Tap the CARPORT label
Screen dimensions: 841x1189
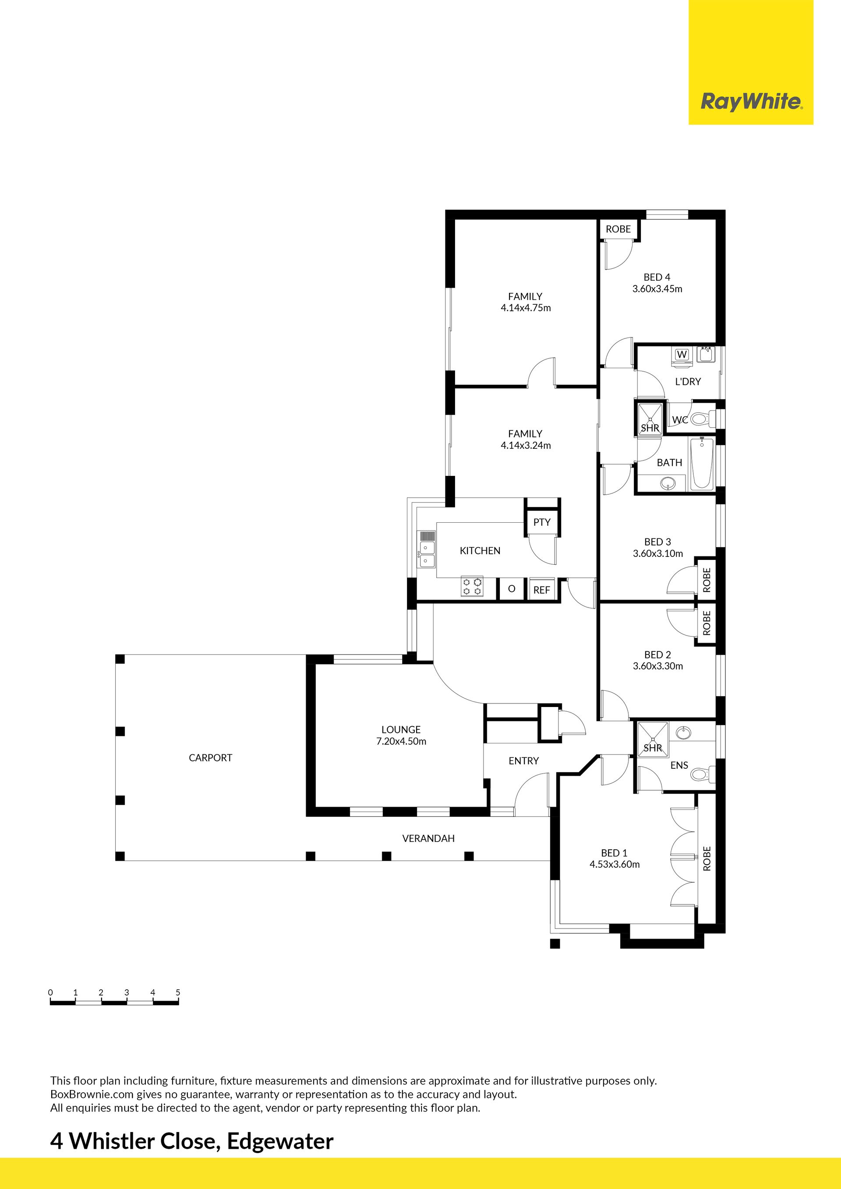[x=210, y=758]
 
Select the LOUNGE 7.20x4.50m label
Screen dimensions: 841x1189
[x=401, y=735]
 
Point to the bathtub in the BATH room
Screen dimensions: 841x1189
[x=702, y=464]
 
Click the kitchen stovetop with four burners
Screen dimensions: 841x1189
[x=472, y=587]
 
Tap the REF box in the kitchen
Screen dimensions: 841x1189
[x=541, y=589]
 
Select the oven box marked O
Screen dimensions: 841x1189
[x=512, y=589]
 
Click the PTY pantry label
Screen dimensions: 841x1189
[x=542, y=522]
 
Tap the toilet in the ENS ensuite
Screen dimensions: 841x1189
[x=703, y=775]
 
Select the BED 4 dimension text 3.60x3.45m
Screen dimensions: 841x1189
[x=657, y=289]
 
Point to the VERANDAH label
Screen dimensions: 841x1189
[x=428, y=838]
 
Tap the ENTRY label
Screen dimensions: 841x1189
[x=524, y=761]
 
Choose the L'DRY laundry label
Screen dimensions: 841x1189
[x=688, y=382]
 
